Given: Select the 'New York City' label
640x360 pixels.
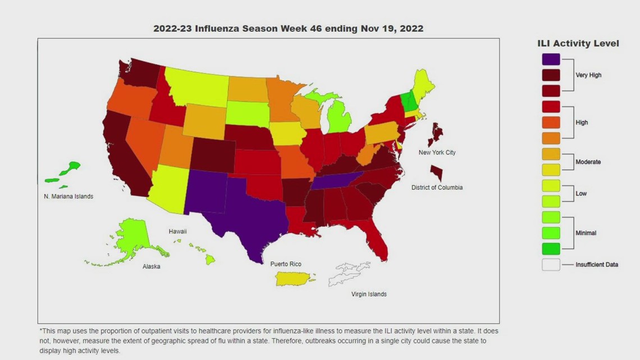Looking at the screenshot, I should tap(437, 153).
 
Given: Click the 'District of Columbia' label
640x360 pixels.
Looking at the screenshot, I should tap(436, 188).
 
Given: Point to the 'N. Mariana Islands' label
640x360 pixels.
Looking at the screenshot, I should tap(68, 197).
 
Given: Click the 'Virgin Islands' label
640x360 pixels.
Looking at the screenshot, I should tap(369, 294).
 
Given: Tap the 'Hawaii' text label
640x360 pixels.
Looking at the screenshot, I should tap(177, 231).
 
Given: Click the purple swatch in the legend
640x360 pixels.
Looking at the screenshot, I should tap(551, 59).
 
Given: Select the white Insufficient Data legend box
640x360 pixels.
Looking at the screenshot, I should tap(551, 265).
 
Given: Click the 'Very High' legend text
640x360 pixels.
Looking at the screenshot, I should tap(588, 75).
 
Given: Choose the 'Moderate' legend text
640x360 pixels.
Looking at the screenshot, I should tap(588, 162).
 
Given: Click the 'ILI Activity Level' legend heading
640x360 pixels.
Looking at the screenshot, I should tap(578, 43).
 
